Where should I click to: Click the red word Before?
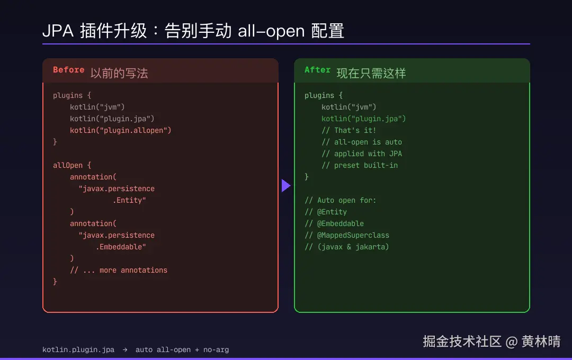[x=68, y=70]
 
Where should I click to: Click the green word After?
[x=317, y=70]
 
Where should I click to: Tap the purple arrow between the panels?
[x=286, y=186]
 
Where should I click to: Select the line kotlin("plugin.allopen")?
[x=120, y=130]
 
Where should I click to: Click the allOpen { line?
[x=72, y=165]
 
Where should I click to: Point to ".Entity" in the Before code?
[x=129, y=200]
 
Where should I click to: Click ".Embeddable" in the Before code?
[x=121, y=247]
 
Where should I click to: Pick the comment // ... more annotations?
[x=119, y=271]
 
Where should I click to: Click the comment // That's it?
[x=348, y=130]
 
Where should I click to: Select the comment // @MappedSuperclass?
[x=347, y=235]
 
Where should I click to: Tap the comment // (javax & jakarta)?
[x=346, y=247]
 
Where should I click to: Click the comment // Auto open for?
[x=340, y=200]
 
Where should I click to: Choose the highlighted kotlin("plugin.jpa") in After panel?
[x=363, y=119]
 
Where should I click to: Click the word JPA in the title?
[x=58, y=31]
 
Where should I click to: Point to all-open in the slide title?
[x=271, y=31]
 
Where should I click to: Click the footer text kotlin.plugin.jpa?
[x=78, y=350]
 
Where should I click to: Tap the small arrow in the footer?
[x=125, y=350]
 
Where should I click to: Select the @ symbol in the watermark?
[x=512, y=342]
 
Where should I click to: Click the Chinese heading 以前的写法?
[x=119, y=73]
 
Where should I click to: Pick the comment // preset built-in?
[x=360, y=165]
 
